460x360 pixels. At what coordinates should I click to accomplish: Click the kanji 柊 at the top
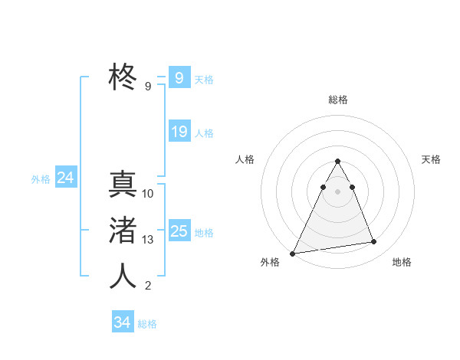pos(123,77)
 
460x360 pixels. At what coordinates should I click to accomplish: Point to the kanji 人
pos(123,276)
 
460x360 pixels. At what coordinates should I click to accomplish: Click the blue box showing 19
pos(179,132)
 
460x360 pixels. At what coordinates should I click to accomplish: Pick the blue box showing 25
pos(179,231)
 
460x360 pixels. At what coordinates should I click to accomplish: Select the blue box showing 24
pos(65,178)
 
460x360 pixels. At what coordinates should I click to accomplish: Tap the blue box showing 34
pos(122,322)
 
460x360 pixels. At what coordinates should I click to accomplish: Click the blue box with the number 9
pos(179,77)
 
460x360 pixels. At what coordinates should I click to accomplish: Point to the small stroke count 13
pos(148,240)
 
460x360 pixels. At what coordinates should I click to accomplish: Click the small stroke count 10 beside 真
pos(148,194)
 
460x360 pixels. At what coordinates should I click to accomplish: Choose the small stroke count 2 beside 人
pos(148,286)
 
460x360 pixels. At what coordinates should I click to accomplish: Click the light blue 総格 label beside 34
pos(147,324)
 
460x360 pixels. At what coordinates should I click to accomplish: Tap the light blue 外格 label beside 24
pos(41,179)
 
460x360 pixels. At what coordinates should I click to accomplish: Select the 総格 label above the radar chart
pos(337,100)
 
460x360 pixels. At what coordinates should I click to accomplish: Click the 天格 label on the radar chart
pos(431,159)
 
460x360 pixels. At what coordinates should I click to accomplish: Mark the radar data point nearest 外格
pos(293,253)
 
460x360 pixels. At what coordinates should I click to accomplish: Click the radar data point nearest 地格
pos(374,242)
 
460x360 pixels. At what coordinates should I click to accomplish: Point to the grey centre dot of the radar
pos(337,191)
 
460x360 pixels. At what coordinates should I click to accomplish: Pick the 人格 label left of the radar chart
pos(245,159)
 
